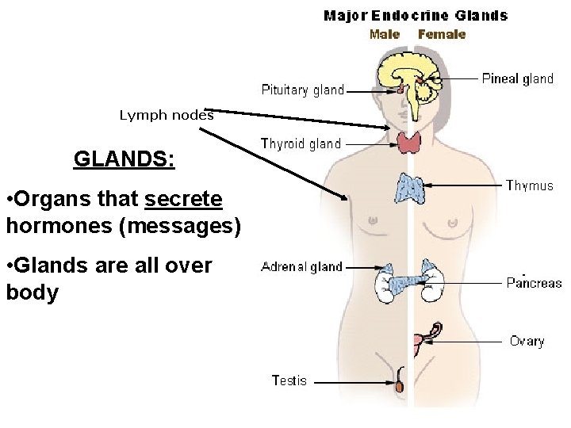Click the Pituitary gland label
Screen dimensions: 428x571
[x=303, y=90]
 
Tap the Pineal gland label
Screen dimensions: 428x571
[x=517, y=78]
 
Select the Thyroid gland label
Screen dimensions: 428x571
[x=301, y=143]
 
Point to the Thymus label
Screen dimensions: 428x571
[x=530, y=186]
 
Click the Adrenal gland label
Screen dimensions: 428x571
[x=301, y=267]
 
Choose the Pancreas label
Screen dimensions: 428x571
[x=534, y=283]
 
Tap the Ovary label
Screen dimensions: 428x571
[x=527, y=342]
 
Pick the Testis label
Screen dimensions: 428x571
[x=289, y=380]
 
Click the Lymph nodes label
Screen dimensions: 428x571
[x=167, y=115]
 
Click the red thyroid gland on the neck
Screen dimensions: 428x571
[x=410, y=143]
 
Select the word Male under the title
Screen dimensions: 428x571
[x=385, y=34]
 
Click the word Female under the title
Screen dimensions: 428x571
[x=442, y=34]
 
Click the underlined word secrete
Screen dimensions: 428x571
[x=184, y=198]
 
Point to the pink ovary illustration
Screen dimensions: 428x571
[x=419, y=342]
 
